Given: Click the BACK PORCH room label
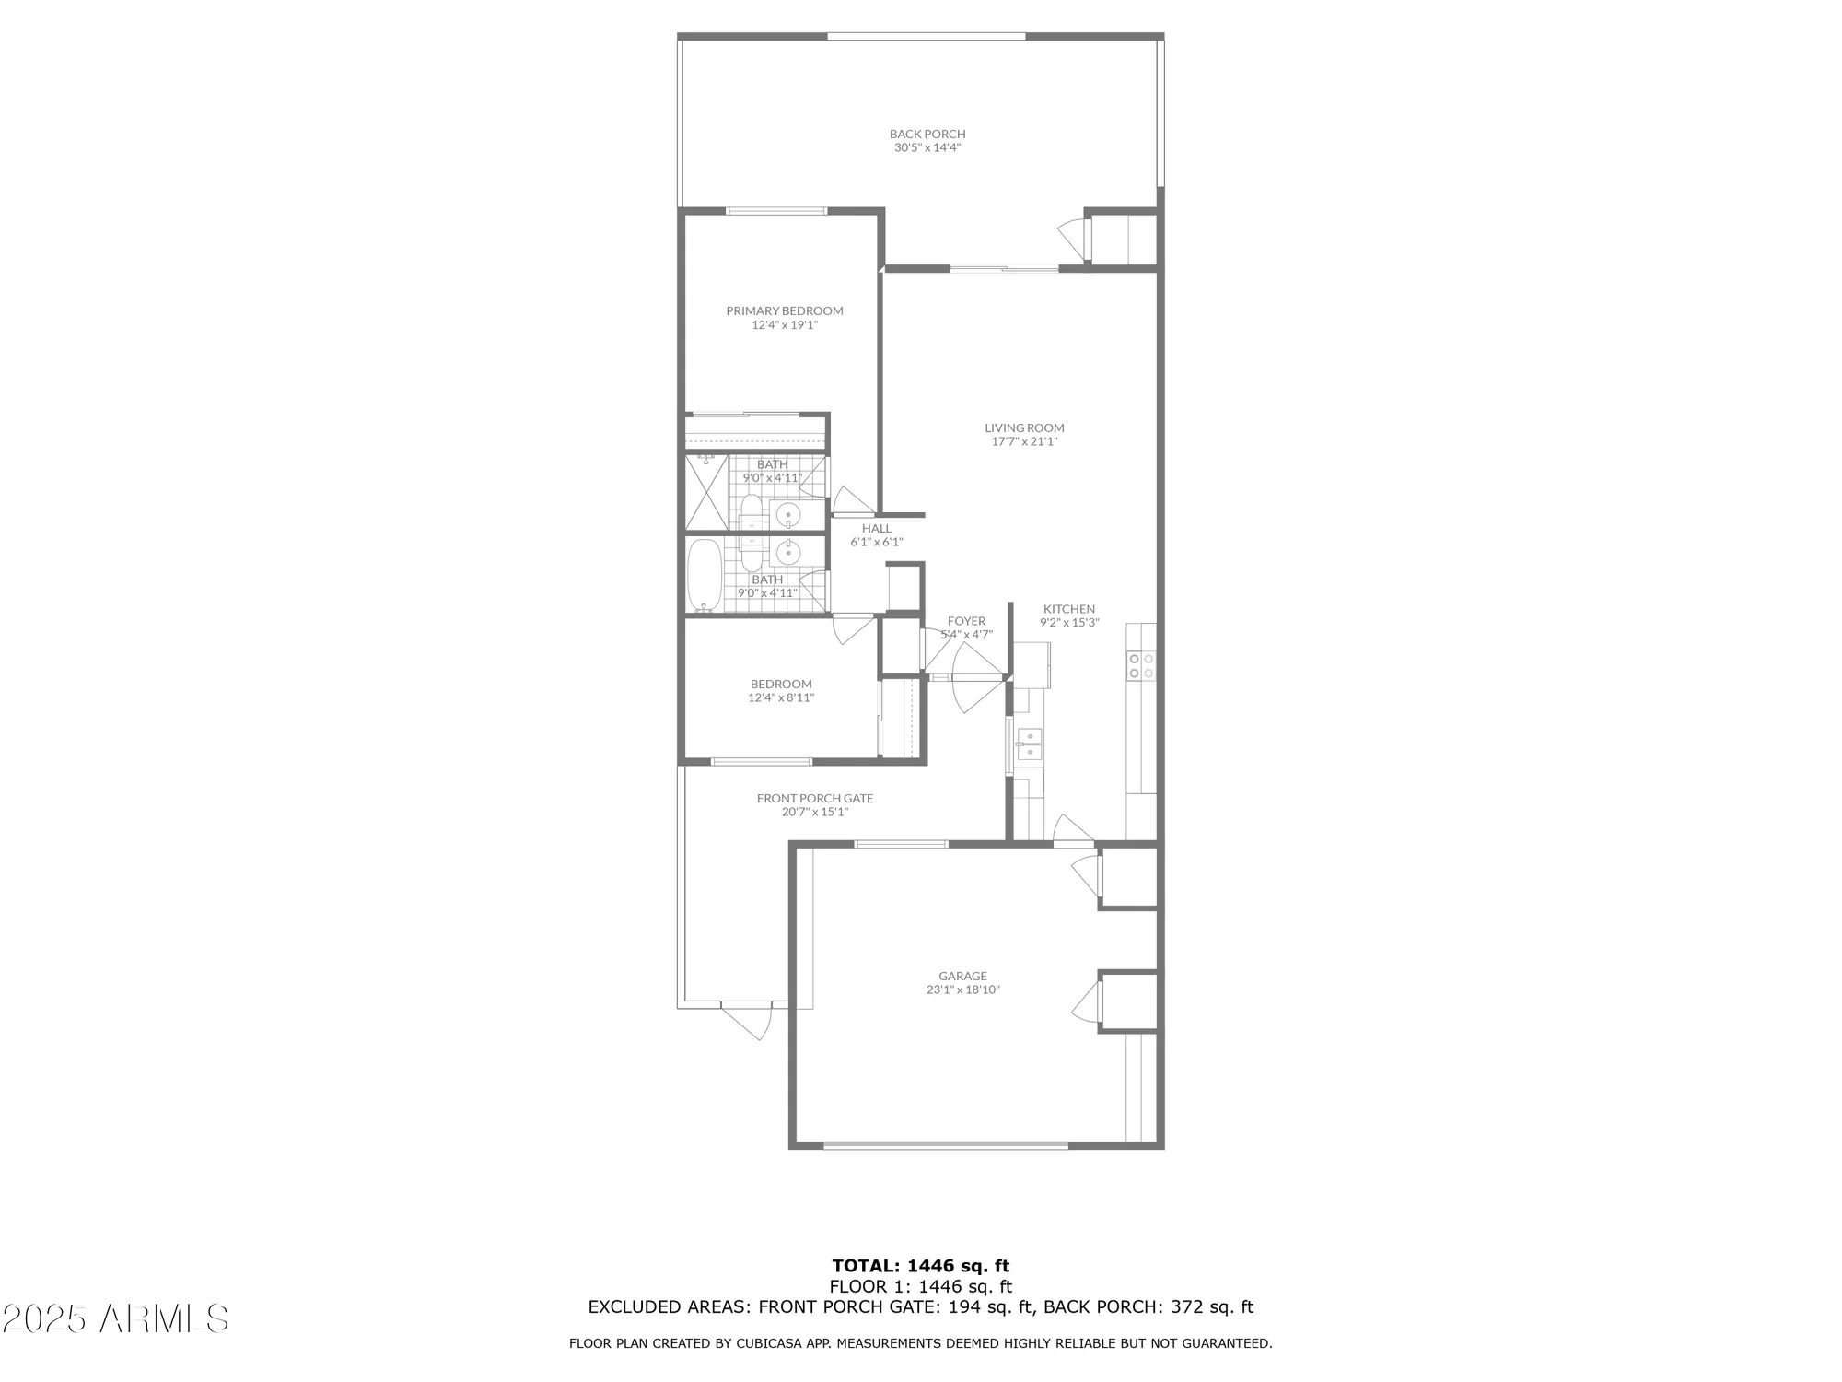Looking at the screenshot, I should pyautogui.click(x=927, y=135).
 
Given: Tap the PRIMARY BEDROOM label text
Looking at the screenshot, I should pyautogui.click(x=785, y=311).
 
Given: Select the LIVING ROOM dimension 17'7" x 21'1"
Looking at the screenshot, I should pyautogui.click(x=1024, y=441).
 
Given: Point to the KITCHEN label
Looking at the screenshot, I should pyautogui.click(x=1069, y=609).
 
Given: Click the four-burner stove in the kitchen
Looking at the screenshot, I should pyautogui.click(x=1141, y=665).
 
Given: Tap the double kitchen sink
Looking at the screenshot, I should pyautogui.click(x=1029, y=744).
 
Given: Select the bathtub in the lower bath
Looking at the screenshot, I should pyautogui.click(x=705, y=575).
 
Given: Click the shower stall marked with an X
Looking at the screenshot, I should pyautogui.click(x=706, y=492).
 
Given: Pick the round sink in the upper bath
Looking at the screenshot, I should pyautogui.click(x=787, y=514).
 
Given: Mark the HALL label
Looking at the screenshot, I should pyautogui.click(x=877, y=529).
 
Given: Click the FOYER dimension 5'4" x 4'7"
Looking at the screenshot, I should pyautogui.click(x=966, y=634).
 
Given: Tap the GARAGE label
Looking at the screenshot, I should pyautogui.click(x=963, y=976).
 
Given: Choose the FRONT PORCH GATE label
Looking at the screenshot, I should pyautogui.click(x=815, y=799).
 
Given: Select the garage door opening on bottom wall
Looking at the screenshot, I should pyautogui.click(x=946, y=1145).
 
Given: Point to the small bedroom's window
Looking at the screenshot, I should pyautogui.click(x=761, y=761).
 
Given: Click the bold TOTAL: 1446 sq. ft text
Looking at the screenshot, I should pyautogui.click(x=921, y=1266).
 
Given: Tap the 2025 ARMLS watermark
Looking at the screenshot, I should pyautogui.click(x=115, y=1319).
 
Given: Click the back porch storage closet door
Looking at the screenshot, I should pyautogui.click(x=1074, y=237).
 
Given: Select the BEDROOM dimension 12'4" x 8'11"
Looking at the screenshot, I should pyautogui.click(x=781, y=697).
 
